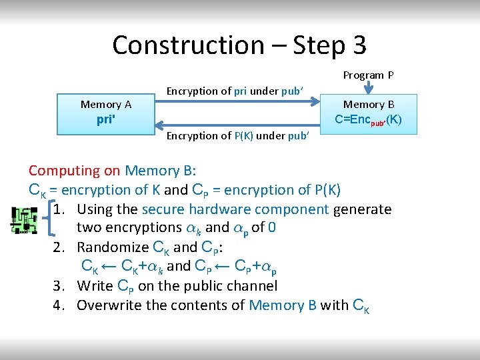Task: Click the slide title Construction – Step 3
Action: (239, 45)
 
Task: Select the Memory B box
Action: (369, 113)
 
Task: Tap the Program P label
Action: (368, 75)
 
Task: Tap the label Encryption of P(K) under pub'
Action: (237, 136)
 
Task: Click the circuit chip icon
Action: (25, 221)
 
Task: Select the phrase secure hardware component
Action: (235, 209)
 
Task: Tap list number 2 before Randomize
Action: (59, 247)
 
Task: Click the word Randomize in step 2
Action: (113, 247)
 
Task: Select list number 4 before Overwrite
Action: (59, 305)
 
